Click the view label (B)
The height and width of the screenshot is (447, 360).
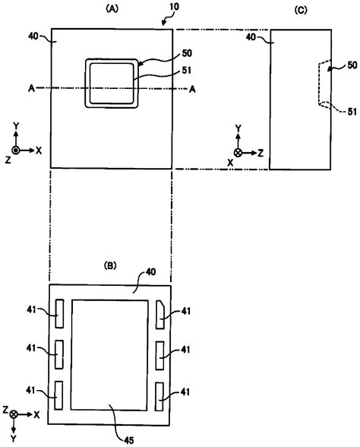pyautogui.click(x=110, y=268)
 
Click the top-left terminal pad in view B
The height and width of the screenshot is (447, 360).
pyautogui.click(x=58, y=311)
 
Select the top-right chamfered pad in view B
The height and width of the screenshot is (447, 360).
pyautogui.click(x=160, y=311)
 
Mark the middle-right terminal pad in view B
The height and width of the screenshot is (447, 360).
pyautogui.click(x=160, y=353)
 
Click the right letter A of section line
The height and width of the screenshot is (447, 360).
pyautogui.click(x=193, y=90)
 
